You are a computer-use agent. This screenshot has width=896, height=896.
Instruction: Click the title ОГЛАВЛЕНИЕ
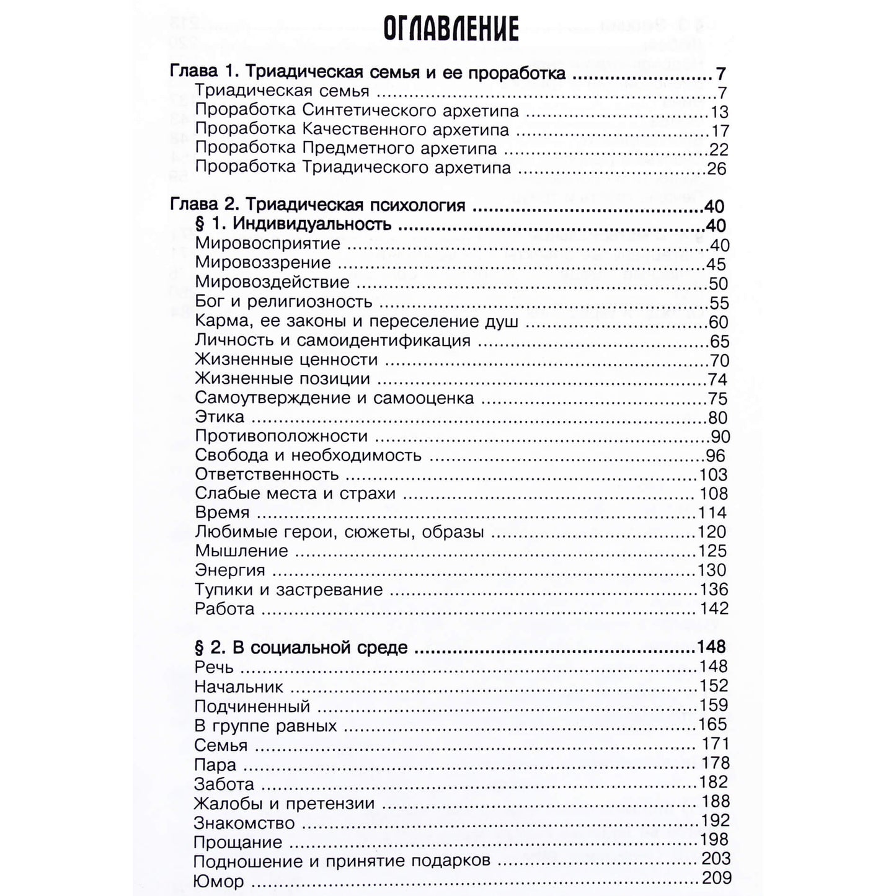[450, 28]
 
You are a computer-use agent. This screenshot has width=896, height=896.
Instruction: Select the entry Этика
[220, 417]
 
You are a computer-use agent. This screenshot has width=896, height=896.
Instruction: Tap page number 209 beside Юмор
[716, 878]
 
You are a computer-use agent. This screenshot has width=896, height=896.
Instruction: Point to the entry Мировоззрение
[263, 264]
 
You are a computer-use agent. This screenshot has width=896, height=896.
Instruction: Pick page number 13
[719, 112]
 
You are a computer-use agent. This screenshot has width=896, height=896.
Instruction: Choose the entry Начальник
[239, 686]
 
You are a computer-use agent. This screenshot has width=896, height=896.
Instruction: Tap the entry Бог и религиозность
[283, 302]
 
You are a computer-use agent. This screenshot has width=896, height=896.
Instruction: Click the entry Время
[222, 513]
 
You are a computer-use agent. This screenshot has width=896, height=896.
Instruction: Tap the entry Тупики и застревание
[288, 590]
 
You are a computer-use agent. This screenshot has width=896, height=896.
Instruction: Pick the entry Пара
[215, 765]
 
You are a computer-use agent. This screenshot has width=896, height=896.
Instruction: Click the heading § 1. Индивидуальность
[293, 224]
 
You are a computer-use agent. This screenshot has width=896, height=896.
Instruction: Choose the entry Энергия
[229, 570]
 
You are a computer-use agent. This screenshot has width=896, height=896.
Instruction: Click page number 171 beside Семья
[715, 743]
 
